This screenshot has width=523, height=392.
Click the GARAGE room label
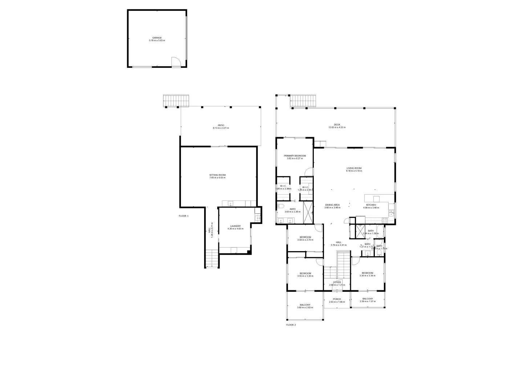(157, 38)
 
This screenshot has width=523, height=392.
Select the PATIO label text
(221, 125)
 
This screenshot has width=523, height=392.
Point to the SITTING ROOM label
(217, 175)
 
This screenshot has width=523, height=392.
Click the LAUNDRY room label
(235, 226)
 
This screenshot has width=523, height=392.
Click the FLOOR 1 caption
(184, 216)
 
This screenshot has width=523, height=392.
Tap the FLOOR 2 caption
(291, 325)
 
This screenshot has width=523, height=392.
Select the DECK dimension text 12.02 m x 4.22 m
(337, 127)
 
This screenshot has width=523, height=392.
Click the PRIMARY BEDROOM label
(295, 156)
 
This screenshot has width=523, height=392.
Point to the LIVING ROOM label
(354, 168)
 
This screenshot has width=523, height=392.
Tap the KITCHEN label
(371, 205)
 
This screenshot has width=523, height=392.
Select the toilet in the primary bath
(280, 206)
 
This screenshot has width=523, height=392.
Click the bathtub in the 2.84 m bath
(379, 231)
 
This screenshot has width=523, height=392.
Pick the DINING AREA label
(332, 205)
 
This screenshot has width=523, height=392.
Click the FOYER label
(337, 282)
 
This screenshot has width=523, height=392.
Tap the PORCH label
(337, 299)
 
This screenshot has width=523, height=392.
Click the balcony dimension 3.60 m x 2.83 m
(305, 307)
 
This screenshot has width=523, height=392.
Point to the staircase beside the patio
(176, 100)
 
